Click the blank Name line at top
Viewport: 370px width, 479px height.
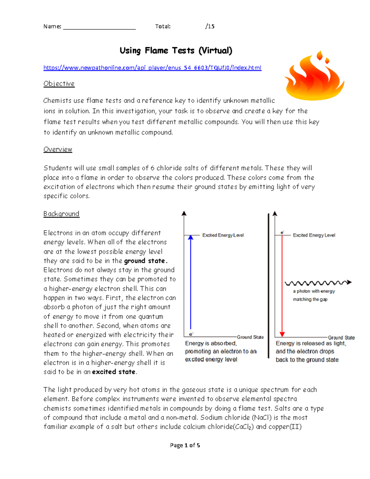tap(99, 27)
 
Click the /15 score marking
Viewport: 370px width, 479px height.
tap(210, 26)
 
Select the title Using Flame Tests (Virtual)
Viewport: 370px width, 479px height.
tap(176, 51)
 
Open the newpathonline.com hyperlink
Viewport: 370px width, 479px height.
tap(152, 68)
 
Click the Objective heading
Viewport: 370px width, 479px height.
tap(59, 84)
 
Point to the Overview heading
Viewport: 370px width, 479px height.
tap(58, 149)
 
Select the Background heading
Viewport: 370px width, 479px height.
tap(61, 214)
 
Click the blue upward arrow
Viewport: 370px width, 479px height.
tap(191, 282)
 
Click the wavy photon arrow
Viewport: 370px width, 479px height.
tap(318, 283)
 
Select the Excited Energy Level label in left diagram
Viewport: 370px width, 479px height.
tap(223, 235)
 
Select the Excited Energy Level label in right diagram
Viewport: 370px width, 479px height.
tap(314, 235)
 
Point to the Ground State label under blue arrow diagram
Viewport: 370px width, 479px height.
tap(250, 337)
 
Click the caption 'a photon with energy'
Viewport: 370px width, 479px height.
tap(314, 291)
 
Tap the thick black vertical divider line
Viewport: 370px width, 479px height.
tap(269, 285)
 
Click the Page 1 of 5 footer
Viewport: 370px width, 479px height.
tap(185, 445)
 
